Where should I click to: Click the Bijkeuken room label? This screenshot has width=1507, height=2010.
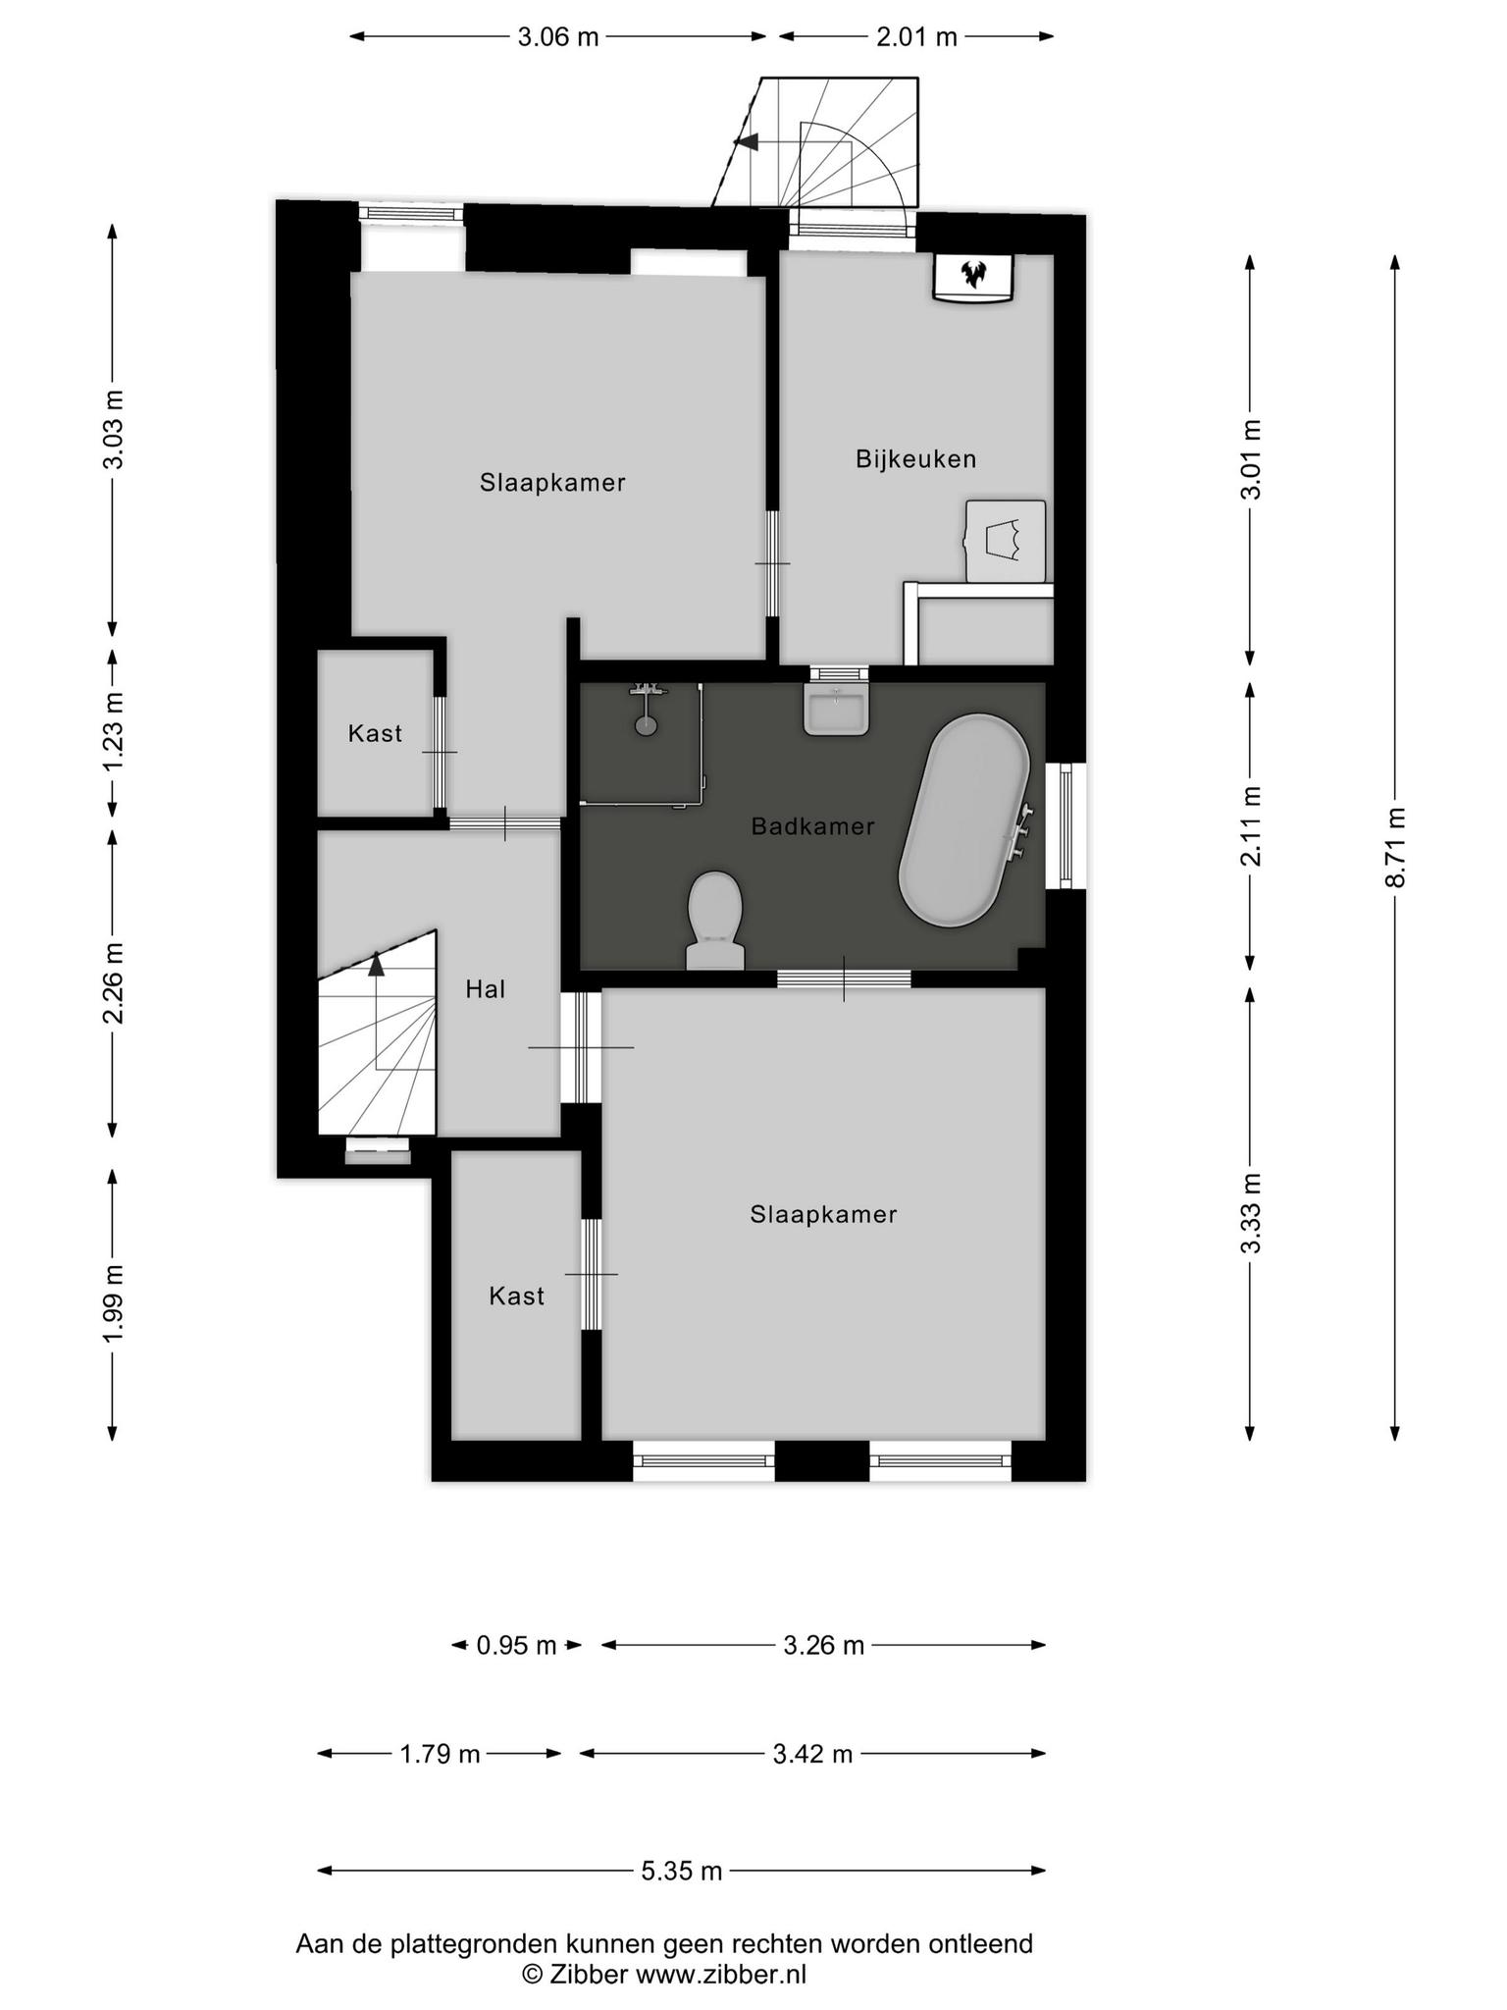[915, 458]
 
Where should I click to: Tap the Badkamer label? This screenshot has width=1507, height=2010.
[812, 826]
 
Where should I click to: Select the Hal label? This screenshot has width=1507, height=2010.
[486, 989]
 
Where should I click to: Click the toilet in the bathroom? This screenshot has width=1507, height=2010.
[714, 921]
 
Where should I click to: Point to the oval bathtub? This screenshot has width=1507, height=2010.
[964, 820]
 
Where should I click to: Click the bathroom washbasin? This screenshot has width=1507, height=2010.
[836, 709]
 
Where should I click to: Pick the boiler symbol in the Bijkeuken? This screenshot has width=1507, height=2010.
[972, 278]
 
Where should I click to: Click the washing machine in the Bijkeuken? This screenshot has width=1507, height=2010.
[1006, 542]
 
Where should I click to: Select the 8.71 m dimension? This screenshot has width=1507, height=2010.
[1395, 847]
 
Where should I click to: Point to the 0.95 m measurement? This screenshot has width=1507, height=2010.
[516, 1645]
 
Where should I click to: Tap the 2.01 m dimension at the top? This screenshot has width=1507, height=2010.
[916, 37]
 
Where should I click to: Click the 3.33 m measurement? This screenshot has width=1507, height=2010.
[1250, 1213]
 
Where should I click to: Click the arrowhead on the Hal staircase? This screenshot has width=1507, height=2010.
[377, 964]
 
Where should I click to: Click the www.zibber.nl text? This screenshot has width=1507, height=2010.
[721, 1974]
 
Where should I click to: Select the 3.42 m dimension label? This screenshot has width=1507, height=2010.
[812, 1754]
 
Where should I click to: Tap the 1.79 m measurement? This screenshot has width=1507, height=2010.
[440, 1754]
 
